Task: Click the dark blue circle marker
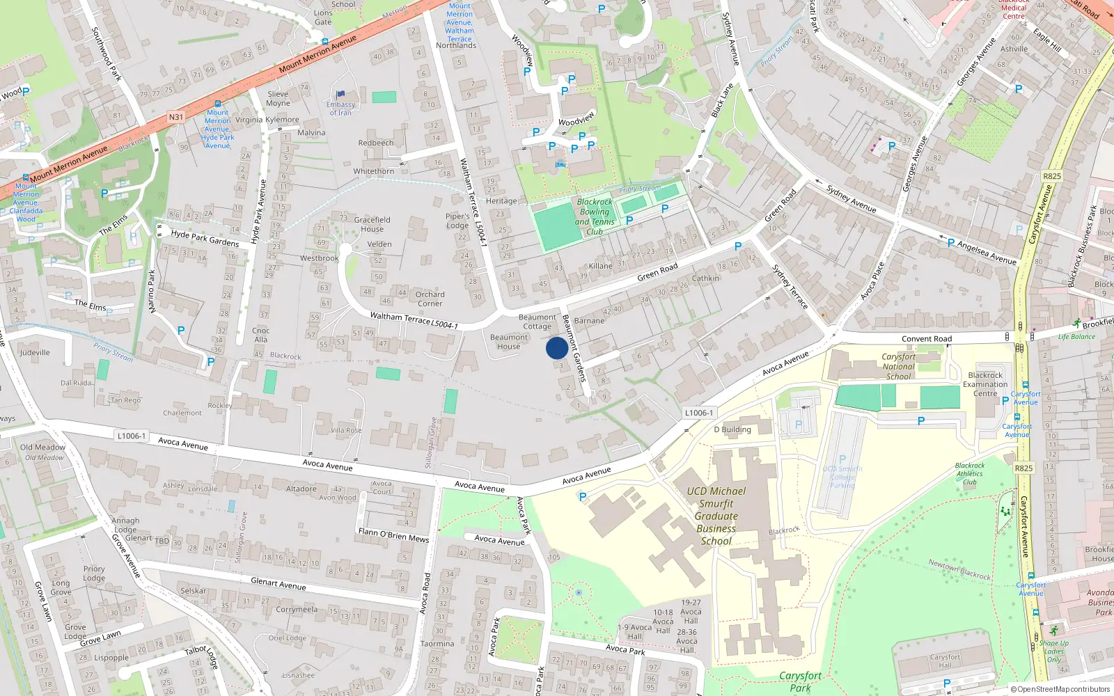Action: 557,348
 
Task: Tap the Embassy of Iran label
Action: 340,109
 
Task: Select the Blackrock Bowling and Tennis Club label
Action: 595,216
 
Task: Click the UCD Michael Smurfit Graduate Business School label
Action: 716,516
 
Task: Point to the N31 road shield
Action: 176,117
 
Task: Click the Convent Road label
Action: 926,339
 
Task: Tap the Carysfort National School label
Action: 898,366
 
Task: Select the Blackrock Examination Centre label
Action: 985,384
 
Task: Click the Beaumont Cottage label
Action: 537,322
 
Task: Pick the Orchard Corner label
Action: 430,299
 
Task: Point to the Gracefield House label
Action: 372,224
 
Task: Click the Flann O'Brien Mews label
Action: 393,535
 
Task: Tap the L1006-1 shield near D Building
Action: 698,413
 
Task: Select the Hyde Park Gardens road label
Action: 205,238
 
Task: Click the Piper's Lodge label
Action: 457,221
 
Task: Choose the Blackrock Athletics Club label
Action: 970,473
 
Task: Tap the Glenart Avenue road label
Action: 278,583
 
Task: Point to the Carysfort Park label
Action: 800,681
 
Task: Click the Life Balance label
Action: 1076,337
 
